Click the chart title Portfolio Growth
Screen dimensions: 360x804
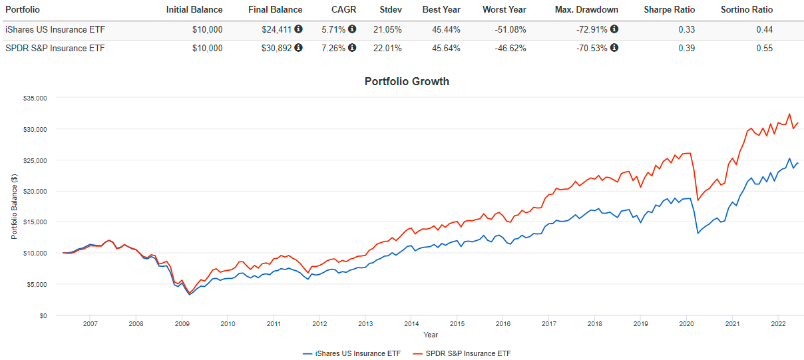click(407, 81)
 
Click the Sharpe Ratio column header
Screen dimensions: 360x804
click(670, 10)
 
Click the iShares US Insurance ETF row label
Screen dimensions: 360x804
click(55, 29)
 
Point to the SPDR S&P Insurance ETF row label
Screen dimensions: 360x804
click(55, 48)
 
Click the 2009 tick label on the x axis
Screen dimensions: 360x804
click(182, 324)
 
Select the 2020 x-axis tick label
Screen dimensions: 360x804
click(686, 324)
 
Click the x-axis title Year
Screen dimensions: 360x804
click(431, 335)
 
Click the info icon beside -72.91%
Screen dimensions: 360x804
click(614, 29)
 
